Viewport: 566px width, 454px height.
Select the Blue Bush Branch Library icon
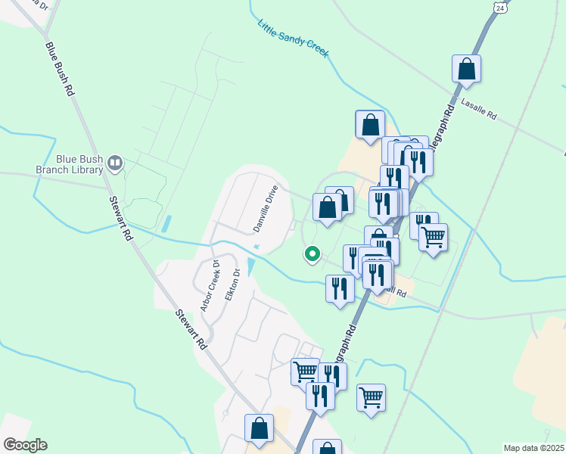(x=115, y=161)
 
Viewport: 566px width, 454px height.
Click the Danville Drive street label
(x=266, y=208)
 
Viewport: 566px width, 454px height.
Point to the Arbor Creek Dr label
(x=210, y=286)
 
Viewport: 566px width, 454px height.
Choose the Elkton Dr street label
(x=232, y=285)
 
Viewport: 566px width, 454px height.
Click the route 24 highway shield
(x=500, y=7)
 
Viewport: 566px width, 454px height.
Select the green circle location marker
(x=311, y=253)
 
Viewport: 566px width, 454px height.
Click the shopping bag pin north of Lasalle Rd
(x=467, y=69)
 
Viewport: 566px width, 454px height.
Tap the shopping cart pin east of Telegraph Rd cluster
(x=433, y=237)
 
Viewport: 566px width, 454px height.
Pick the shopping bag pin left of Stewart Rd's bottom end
(x=259, y=428)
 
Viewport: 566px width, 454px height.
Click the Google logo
(x=24, y=445)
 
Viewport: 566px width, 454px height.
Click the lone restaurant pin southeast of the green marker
(x=340, y=288)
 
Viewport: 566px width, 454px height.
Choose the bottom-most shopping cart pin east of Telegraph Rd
(x=371, y=396)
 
